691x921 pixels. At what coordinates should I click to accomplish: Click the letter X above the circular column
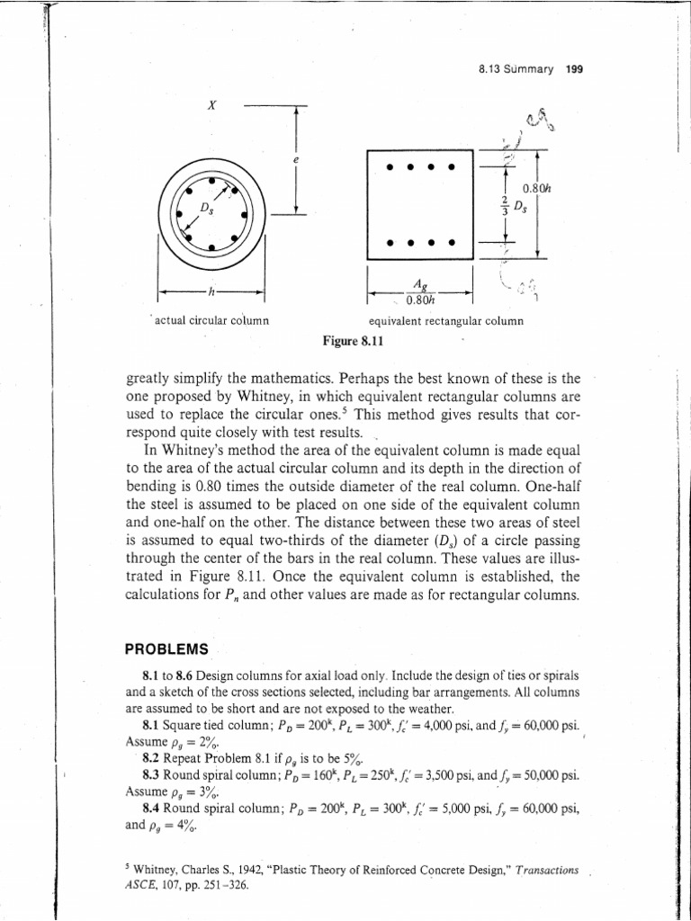click(211, 105)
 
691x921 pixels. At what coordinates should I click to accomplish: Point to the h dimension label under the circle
click(211, 291)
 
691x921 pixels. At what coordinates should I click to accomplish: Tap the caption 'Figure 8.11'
click(354, 342)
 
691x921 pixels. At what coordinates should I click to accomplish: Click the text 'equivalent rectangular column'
click(445, 321)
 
